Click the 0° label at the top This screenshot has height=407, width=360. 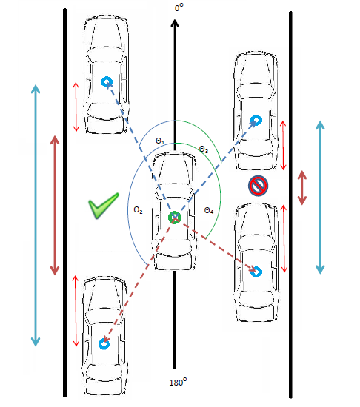179,7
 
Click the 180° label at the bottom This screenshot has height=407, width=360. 178,382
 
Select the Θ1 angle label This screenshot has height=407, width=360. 160,141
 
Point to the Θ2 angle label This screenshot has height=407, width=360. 138,209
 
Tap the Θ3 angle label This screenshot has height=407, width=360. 204,149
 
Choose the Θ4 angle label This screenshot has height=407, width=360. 209,210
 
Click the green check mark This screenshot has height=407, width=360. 104,205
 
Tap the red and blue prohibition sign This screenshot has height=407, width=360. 258,186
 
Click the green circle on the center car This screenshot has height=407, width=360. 175,218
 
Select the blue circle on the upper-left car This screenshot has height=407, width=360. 106,81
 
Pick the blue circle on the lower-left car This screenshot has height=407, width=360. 104,344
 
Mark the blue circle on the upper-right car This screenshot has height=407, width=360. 256,120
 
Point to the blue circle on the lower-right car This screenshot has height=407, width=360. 256,272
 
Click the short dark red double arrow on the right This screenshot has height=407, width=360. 301,188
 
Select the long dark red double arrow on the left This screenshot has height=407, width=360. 55,205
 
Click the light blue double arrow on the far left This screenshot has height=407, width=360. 36,215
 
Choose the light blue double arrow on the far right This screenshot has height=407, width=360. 320,198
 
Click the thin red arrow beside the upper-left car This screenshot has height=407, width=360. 76,107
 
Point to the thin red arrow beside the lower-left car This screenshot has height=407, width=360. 76,311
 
